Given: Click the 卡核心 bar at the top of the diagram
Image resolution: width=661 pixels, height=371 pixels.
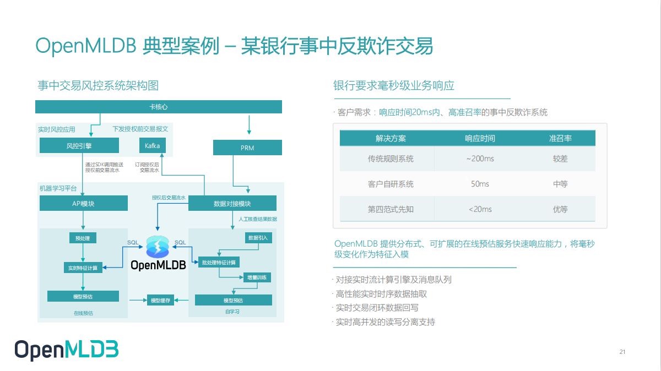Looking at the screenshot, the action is click(159, 107).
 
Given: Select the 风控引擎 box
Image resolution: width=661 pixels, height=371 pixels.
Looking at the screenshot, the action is click(79, 146).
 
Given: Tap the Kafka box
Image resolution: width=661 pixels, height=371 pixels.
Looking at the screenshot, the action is click(152, 146).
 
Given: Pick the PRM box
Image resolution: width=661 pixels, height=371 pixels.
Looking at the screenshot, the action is click(247, 148).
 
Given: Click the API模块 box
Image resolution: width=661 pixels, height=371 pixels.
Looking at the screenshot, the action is click(84, 204).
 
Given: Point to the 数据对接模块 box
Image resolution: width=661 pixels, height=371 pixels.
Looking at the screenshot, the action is click(232, 204).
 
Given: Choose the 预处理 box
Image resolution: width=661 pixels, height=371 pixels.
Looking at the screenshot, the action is click(83, 238).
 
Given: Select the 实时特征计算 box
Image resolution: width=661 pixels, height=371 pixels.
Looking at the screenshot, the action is click(83, 268).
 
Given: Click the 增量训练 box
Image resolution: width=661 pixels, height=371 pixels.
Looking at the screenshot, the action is click(257, 277).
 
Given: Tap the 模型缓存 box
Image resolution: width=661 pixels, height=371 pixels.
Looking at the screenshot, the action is click(160, 300).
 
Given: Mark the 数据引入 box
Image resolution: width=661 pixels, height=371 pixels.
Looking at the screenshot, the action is click(258, 238).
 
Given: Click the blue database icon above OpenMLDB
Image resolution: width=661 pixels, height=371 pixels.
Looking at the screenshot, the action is click(158, 246).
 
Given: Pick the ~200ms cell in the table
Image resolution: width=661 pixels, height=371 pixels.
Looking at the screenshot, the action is click(480, 159).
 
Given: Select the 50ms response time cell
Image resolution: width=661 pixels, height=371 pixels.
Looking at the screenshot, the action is click(480, 184).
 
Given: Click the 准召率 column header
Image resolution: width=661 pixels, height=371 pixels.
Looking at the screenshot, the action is click(560, 138).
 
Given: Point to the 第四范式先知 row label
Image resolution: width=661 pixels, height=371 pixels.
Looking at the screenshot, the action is click(391, 209).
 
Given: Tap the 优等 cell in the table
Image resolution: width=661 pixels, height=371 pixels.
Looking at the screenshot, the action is click(560, 209).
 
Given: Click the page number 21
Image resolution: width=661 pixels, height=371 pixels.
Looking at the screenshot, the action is click(622, 352).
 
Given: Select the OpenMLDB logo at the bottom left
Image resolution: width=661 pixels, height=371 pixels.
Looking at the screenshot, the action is click(67, 350).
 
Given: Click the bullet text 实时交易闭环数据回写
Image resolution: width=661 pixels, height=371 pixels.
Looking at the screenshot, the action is click(377, 308).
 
